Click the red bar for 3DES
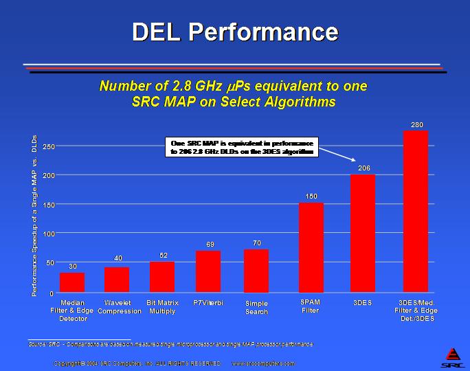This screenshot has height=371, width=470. (362, 233)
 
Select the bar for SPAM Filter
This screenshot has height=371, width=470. (311, 247)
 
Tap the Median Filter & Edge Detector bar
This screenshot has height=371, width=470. (72, 282)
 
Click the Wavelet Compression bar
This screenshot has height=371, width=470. (117, 280)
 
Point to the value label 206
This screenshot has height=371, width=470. (363, 168)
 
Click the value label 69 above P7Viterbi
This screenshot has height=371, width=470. (210, 244)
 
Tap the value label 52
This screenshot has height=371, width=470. (164, 255)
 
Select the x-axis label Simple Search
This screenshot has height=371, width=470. (256, 307)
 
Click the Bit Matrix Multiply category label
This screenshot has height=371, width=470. (163, 306)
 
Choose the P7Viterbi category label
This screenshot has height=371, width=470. (208, 302)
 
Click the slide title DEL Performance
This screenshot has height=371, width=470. (235, 32)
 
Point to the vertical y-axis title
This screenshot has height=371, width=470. (34, 216)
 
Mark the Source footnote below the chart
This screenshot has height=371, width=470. (170, 343)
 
